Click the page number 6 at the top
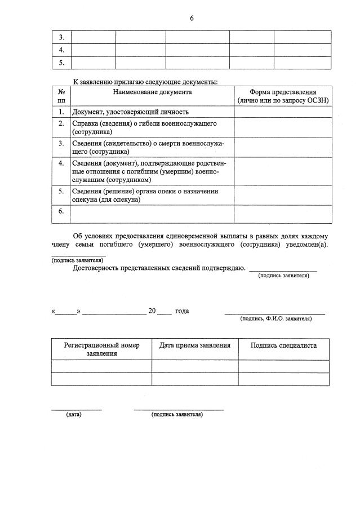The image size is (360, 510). (x=192, y=18)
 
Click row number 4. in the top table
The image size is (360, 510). (x=61, y=50)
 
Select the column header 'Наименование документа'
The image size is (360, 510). (x=152, y=92)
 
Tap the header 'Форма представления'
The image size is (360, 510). (x=283, y=92)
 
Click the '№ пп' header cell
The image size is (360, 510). (x=61, y=96)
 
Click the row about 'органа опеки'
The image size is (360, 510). (x=145, y=196)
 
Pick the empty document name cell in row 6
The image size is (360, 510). (x=152, y=214)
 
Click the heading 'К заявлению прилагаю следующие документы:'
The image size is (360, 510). (x=145, y=82)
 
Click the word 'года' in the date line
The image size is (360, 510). (x=182, y=311)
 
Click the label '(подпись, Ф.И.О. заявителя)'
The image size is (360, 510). (x=276, y=319)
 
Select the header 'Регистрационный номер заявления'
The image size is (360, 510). (x=101, y=349)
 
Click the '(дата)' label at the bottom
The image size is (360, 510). (x=74, y=415)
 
